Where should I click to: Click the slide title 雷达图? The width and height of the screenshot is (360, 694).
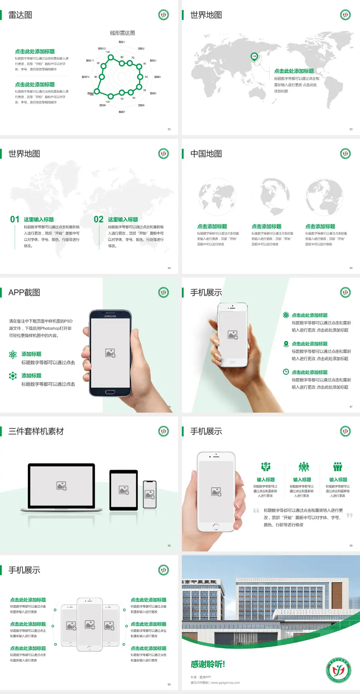(x=20, y=15)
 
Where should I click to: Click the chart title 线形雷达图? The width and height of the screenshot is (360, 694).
(x=122, y=33)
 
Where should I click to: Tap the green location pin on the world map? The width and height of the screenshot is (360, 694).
(x=254, y=57)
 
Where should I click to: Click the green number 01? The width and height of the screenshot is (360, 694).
(x=15, y=219)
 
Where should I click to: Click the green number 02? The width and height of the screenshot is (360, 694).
(x=99, y=219)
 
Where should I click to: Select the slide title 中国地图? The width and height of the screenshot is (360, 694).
(x=206, y=154)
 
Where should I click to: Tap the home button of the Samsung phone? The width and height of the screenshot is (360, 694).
(x=110, y=392)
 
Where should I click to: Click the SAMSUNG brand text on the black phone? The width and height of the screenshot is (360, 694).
(x=110, y=316)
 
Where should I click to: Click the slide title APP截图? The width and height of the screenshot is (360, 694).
(x=24, y=293)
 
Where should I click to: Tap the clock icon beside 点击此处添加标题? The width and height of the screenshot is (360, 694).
(x=286, y=372)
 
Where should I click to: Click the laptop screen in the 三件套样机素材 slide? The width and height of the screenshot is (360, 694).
(x=61, y=486)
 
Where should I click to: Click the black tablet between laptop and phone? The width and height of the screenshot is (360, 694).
(x=123, y=490)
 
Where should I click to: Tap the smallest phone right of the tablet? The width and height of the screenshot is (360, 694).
(x=150, y=494)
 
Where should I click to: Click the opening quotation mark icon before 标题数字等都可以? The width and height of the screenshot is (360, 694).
(x=256, y=511)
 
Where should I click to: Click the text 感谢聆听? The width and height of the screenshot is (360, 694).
(x=208, y=664)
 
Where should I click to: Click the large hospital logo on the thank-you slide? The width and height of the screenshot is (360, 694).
(x=338, y=670)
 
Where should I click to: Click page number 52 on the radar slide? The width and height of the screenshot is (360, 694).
(x=169, y=129)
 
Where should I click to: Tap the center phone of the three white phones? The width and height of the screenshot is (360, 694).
(x=90, y=624)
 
